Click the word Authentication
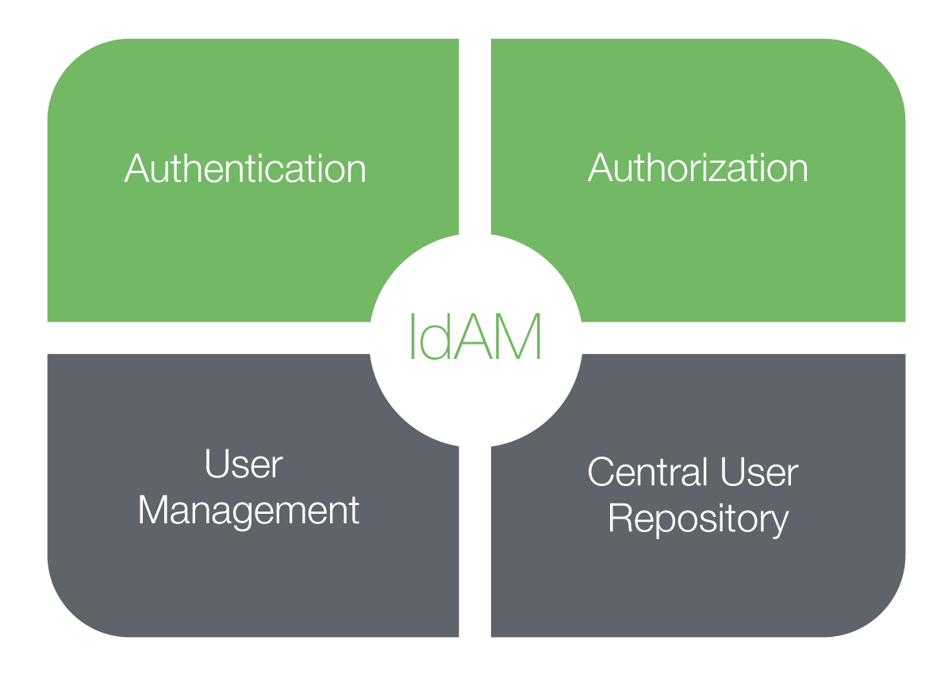pyautogui.click(x=245, y=169)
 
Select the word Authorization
pyautogui.click(x=698, y=168)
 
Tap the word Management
pyautogui.click(x=248, y=511)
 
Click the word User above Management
pyautogui.click(x=243, y=465)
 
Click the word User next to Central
pyautogui.click(x=758, y=472)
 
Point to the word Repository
pyautogui.click(x=698, y=519)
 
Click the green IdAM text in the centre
pyautogui.click(x=474, y=337)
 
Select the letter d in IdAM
pyautogui.click(x=437, y=337)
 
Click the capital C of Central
pyautogui.click(x=602, y=472)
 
